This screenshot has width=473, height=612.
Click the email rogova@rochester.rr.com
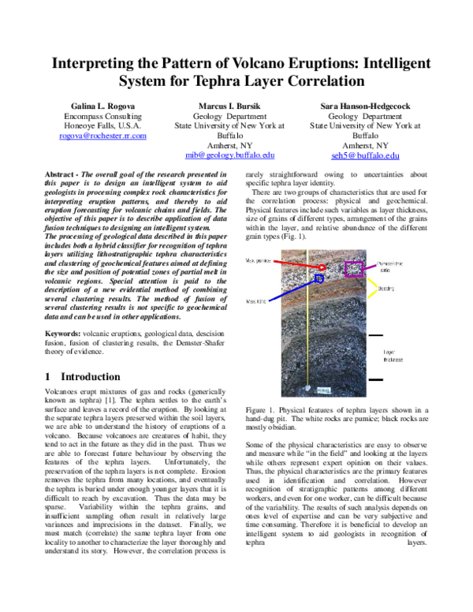(102, 136)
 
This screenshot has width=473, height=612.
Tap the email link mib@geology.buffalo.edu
(229, 156)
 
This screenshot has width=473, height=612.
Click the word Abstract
(63, 172)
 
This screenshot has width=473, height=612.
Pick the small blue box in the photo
(318, 279)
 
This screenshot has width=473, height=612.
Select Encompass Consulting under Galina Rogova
(102, 115)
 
